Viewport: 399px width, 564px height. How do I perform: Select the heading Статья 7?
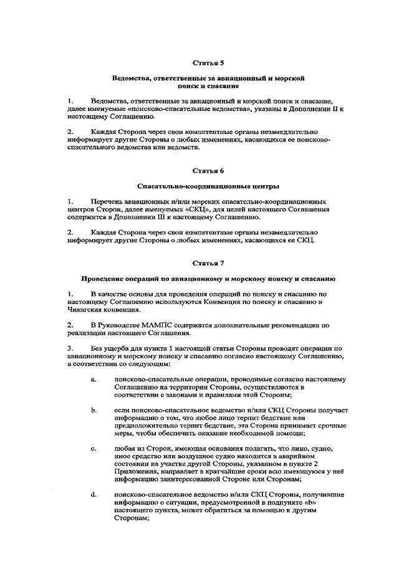point(208,262)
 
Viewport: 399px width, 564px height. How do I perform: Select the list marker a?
point(93,380)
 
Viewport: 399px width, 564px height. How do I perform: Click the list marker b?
point(93,410)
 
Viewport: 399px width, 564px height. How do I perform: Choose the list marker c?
point(93,448)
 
